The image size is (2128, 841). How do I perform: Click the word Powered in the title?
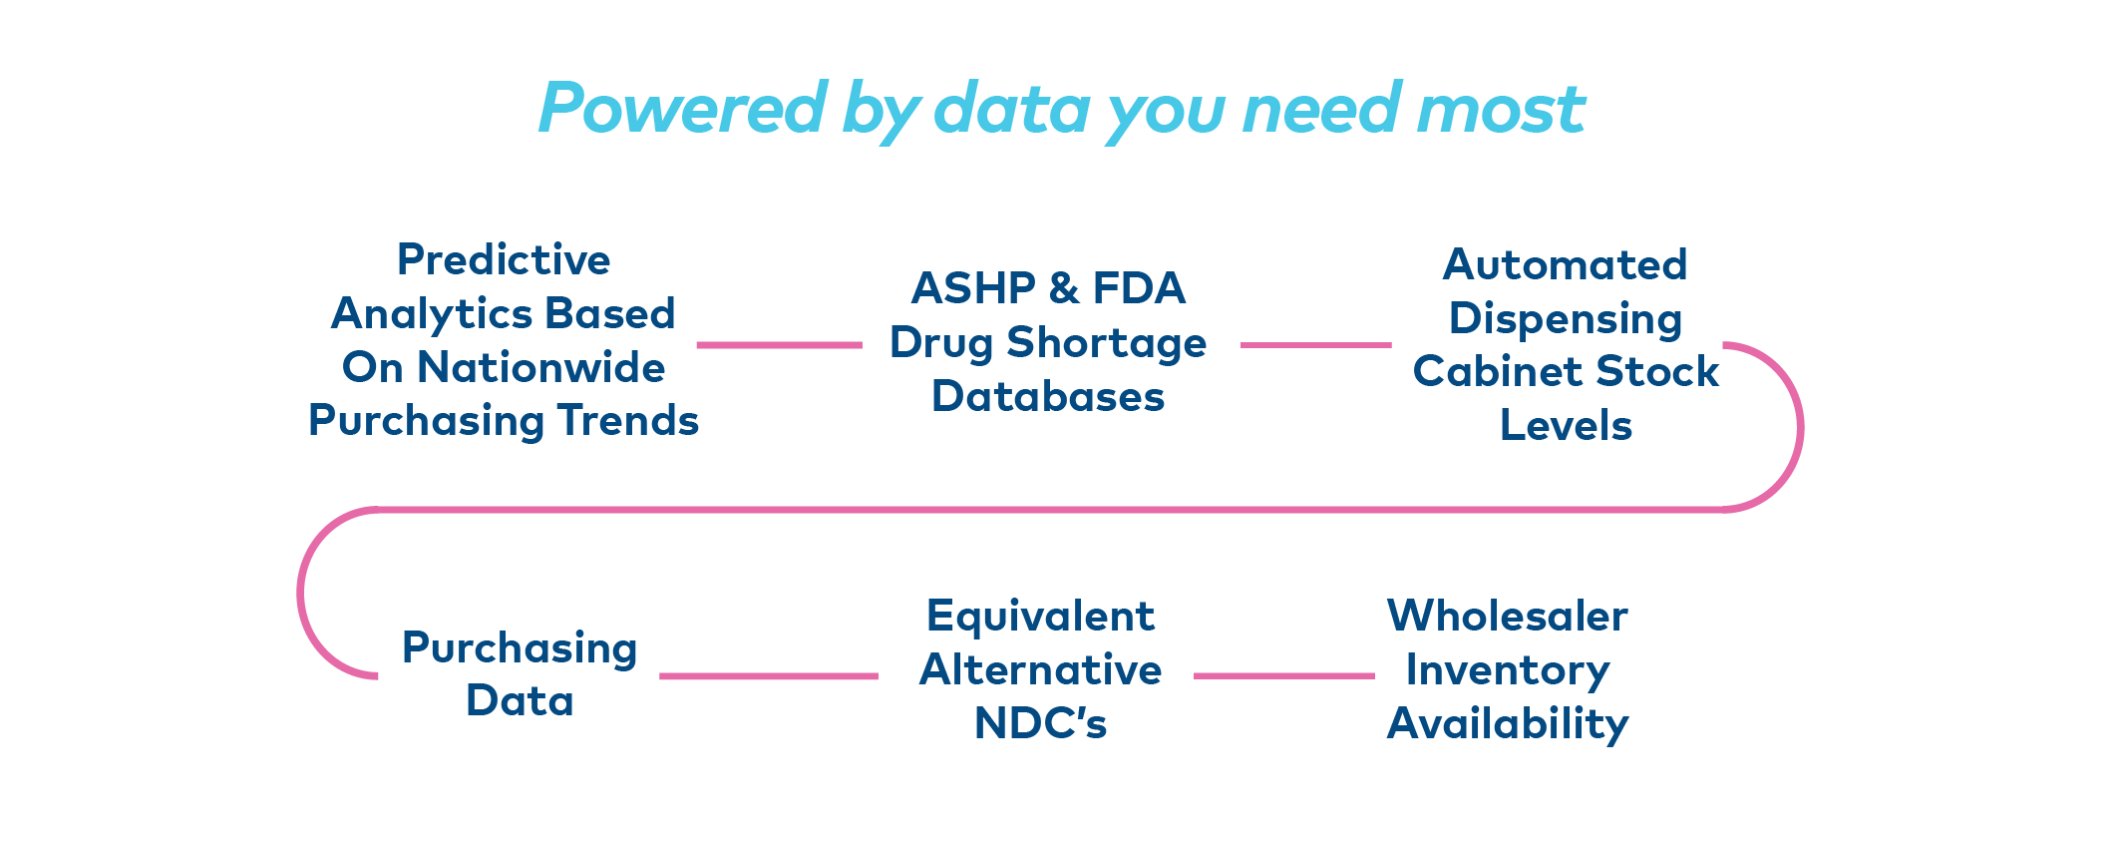[x=683, y=108]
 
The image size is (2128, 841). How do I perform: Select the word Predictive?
[x=504, y=259]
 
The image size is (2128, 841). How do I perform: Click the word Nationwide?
[x=540, y=367]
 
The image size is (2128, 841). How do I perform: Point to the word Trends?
[x=628, y=420]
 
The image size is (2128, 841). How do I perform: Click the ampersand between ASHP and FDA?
[x=1064, y=288]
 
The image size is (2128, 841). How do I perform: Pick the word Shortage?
[x=1107, y=342]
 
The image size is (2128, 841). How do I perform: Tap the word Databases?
[x=1048, y=396]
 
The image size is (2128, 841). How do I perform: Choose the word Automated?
[x=1566, y=264]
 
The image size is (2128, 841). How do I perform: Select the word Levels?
[x=1566, y=425]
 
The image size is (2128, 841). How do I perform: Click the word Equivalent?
[x=1040, y=617]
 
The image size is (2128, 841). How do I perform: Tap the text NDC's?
[x=1040, y=723]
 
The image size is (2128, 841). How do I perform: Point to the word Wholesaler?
[x=1508, y=616]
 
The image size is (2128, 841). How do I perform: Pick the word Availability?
[x=1508, y=724]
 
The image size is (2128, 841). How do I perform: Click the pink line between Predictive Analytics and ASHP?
[x=780, y=345]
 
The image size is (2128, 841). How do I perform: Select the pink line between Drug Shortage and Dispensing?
[x=1316, y=345]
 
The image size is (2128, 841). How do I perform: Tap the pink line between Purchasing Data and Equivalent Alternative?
[x=769, y=675]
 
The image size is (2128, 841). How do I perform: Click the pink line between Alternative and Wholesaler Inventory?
[x=1284, y=675]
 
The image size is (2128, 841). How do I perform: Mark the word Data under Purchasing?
[x=520, y=700]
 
